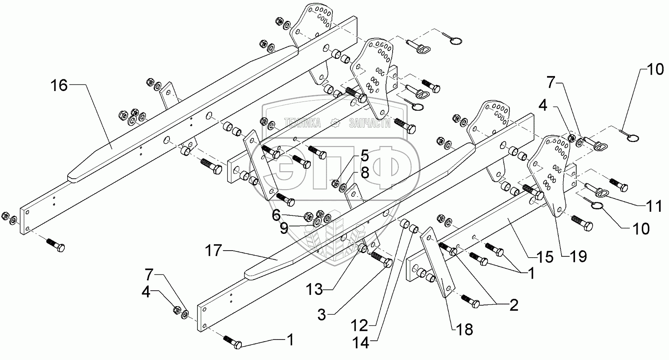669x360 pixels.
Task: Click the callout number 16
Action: click(x=59, y=86)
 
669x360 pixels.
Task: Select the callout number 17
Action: click(x=213, y=251)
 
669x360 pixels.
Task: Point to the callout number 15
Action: click(x=545, y=257)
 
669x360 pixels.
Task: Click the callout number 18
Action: click(x=464, y=330)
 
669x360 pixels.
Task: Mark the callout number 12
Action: click(x=360, y=325)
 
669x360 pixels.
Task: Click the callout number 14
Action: click(x=360, y=343)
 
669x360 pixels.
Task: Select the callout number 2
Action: click(x=513, y=305)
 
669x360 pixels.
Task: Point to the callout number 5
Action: click(x=365, y=157)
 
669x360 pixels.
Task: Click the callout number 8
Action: click(x=365, y=173)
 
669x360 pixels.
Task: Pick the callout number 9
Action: click(x=284, y=228)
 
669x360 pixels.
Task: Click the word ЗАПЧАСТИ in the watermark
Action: click(x=369, y=123)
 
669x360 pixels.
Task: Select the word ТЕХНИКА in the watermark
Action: click(x=302, y=123)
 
